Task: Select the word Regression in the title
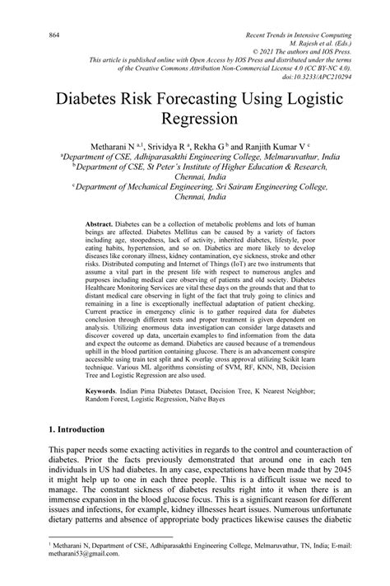(x=195, y=120)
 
